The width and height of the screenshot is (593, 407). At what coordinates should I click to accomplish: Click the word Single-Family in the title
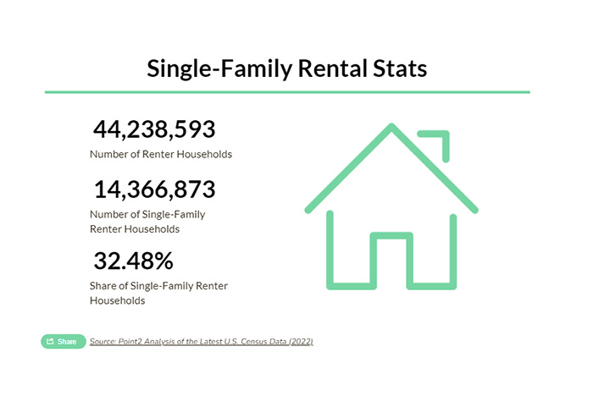coord(219,69)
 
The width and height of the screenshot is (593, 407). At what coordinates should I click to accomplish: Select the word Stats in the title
coord(400,69)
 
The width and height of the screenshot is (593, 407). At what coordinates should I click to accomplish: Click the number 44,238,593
coord(154,129)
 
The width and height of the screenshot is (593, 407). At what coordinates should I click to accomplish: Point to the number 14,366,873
coord(155,189)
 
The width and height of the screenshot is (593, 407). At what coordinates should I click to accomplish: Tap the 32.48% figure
coord(134,261)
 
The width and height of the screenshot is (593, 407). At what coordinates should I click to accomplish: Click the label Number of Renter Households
coord(161,154)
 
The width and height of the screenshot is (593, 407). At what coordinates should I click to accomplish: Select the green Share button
coord(64,342)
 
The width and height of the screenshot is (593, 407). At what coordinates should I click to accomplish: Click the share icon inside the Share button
coord(50,342)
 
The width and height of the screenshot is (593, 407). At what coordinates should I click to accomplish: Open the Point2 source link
coord(202,342)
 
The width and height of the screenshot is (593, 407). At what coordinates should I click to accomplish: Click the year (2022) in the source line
coord(301,342)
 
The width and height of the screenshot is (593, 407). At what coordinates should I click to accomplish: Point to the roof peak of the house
coord(391,127)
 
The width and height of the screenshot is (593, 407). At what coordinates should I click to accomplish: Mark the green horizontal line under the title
coord(287,92)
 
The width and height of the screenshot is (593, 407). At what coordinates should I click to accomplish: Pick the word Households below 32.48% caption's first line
coord(117,301)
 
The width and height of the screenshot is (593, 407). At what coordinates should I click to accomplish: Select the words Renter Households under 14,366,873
coord(135,229)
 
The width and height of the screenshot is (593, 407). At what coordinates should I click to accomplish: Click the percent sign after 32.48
coord(164,261)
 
